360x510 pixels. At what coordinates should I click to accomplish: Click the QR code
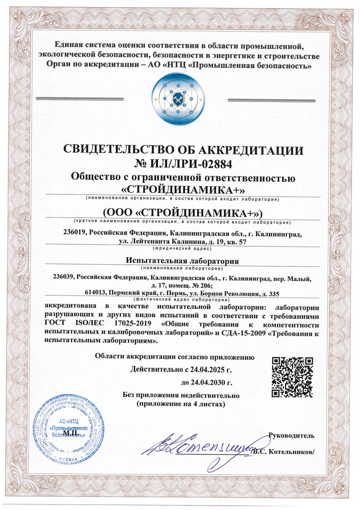(x=292, y=377)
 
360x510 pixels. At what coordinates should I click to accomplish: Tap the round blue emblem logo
(x=180, y=98)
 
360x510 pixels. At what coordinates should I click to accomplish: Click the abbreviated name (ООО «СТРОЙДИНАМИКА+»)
(x=180, y=212)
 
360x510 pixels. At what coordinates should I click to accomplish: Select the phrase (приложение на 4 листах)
(x=180, y=405)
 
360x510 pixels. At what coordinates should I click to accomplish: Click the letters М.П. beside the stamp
(x=70, y=433)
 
